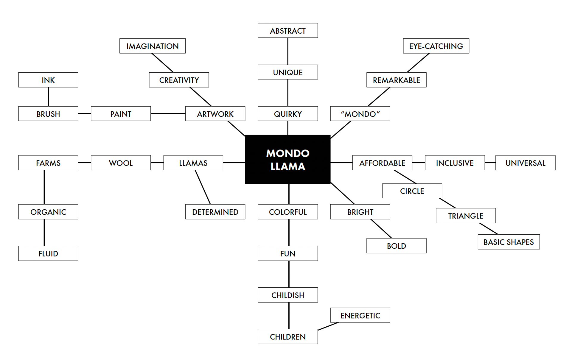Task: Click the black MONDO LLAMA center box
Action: [x=287, y=159]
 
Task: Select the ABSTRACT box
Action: [x=287, y=31]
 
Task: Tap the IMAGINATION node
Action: [x=152, y=46]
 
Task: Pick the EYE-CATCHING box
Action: [x=436, y=46]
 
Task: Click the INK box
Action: [x=48, y=80]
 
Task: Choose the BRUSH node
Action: [x=48, y=114]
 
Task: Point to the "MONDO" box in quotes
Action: [x=360, y=114]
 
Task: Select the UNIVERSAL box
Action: [x=525, y=163]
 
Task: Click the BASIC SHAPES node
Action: [x=509, y=242]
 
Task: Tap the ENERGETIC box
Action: [x=360, y=315]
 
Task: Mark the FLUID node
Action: [x=48, y=253]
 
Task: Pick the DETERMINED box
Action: [x=215, y=212]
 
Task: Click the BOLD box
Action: [x=396, y=246]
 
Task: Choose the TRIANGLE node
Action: [x=466, y=216]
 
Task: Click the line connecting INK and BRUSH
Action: [x=48, y=97]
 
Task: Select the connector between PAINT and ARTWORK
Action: [x=168, y=113]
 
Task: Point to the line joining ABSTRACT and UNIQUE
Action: [x=287, y=51]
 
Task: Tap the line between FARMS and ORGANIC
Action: [x=44, y=187]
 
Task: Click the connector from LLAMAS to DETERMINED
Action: [x=203, y=187]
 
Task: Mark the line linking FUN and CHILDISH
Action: [x=289, y=274]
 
